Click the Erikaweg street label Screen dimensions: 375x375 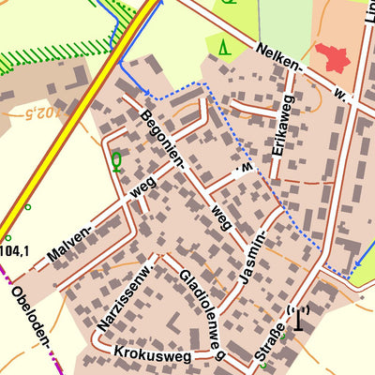click(x=282, y=125)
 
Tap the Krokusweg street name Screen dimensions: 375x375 click(x=152, y=353)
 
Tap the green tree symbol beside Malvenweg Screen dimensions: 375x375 click(x=116, y=162)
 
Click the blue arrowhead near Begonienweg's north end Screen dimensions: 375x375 click(x=145, y=92)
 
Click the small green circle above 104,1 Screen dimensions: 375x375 click(x=28, y=206)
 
